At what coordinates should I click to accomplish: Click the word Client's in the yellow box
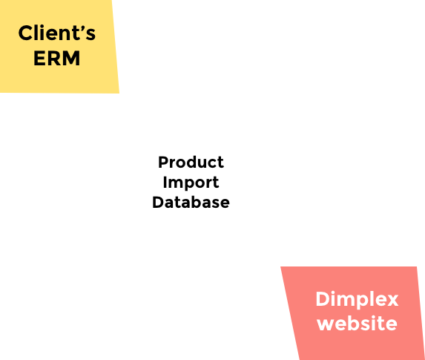tap(57, 33)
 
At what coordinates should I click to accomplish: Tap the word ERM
tap(57, 58)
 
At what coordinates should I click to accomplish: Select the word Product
tap(191, 163)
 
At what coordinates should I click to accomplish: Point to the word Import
tap(191, 183)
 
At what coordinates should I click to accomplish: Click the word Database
tap(191, 203)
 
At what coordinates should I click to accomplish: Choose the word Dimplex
tap(357, 300)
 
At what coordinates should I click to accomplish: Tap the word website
tap(358, 323)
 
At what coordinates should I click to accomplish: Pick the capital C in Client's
tap(25, 33)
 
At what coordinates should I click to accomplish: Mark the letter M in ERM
tap(71, 58)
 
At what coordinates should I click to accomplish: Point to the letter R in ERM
tap(54, 58)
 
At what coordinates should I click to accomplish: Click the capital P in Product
tap(163, 163)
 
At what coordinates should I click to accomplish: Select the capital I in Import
tap(165, 182)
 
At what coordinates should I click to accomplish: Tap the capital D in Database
tap(158, 203)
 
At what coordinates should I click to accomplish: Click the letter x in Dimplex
tap(392, 301)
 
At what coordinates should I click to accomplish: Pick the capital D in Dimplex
tap(323, 299)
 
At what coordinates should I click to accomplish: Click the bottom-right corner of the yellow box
tap(119, 94)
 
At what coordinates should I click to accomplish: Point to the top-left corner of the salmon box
tap(280, 266)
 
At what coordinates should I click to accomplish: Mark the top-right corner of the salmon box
tap(417, 266)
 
